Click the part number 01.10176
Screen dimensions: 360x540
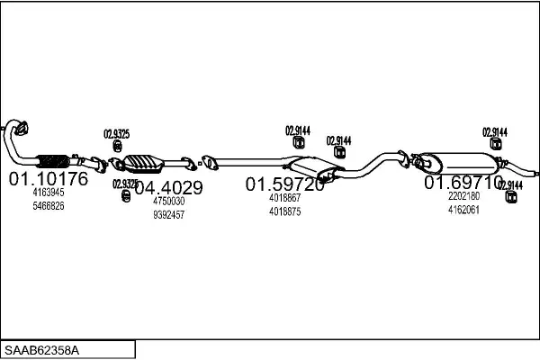tap(49, 178)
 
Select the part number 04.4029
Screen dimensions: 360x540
tap(168, 188)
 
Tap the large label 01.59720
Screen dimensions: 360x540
tap(285, 184)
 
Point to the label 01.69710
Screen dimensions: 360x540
tap(463, 182)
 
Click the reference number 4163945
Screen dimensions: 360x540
tap(49, 193)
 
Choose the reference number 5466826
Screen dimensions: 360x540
tap(49, 206)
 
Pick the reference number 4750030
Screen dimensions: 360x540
tap(168, 202)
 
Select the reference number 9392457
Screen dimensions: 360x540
tap(168, 215)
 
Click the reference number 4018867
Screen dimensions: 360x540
tap(284, 198)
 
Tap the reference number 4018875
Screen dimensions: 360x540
tap(284, 211)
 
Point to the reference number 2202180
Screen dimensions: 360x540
tap(463, 196)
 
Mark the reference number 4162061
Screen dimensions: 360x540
tap(463, 210)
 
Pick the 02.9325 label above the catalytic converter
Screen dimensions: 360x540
tap(116, 134)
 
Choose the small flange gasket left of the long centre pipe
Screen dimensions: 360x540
tap(208, 163)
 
